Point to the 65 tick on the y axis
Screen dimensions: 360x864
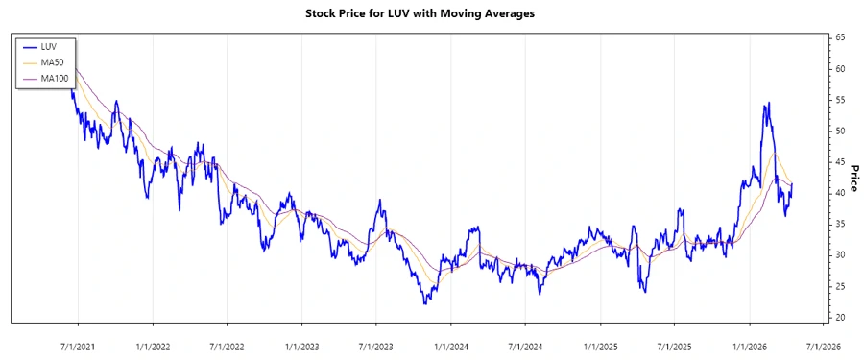[840, 37]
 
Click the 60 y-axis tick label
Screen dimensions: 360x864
[840, 69]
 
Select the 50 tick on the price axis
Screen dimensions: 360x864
[840, 131]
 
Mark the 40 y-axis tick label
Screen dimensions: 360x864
[840, 193]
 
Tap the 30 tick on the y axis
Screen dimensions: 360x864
[840, 255]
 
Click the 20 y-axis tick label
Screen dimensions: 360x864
[840, 317]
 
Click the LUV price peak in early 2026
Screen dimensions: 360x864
[768, 103]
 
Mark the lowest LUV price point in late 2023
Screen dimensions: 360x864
[424, 303]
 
